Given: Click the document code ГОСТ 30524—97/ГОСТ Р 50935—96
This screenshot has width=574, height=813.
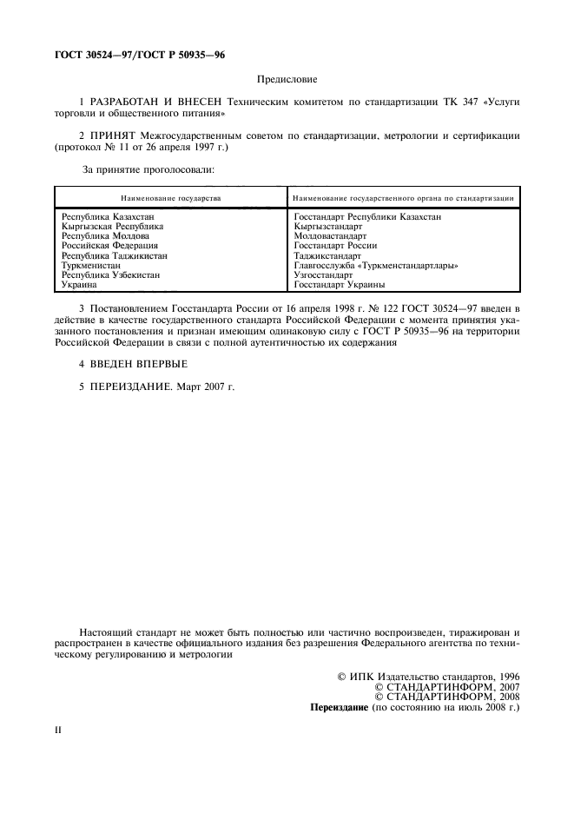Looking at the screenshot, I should pyautogui.click(x=134, y=55).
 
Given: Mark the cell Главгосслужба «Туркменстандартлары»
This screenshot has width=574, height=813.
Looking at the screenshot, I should pyautogui.click(x=375, y=266).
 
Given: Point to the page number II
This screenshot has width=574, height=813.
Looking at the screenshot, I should pyautogui.click(x=58, y=730).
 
